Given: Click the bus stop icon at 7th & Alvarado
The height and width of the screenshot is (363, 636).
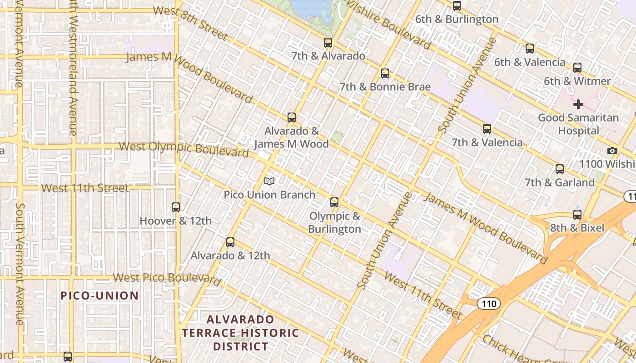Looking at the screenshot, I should pos(328,43).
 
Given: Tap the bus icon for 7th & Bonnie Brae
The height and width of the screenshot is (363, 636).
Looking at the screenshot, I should pos(385,73).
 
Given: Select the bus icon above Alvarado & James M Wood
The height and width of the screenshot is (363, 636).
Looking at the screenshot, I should pos(292,118).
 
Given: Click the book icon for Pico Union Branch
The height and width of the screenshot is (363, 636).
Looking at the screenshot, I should pos(269,181).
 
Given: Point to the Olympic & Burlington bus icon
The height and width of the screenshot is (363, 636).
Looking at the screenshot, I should pos(334,202).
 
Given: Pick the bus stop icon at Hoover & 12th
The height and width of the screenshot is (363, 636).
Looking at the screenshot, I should pos(176,207).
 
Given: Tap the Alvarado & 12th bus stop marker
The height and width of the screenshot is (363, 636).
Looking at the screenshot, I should pos(230,242).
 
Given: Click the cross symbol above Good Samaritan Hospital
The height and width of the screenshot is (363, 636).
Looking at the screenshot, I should pos(578,105).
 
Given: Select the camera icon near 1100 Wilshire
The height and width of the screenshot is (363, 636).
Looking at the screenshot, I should pos(612,151).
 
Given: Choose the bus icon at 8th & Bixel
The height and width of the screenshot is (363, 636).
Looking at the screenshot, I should pos(577,214).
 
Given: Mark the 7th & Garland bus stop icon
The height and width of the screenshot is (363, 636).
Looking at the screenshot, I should pos(560,169).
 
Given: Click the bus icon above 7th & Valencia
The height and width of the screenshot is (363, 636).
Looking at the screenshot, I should pos(487,129).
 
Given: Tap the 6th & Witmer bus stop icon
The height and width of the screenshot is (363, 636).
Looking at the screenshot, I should pos(577,68).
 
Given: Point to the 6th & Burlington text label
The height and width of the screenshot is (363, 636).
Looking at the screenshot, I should pos(457,19).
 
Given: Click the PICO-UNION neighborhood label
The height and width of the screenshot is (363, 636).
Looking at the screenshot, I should pos(100,296).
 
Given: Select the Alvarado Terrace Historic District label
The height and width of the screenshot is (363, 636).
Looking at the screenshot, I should pos(240,333).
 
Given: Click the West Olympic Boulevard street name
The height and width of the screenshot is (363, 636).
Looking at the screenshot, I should pos(184,149).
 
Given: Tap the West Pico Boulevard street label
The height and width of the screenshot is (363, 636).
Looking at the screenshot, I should pos(167,278).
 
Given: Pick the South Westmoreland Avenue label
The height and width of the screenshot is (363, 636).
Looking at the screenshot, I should pos(73,68).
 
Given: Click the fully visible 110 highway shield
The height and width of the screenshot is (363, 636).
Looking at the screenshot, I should pos(488,303).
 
